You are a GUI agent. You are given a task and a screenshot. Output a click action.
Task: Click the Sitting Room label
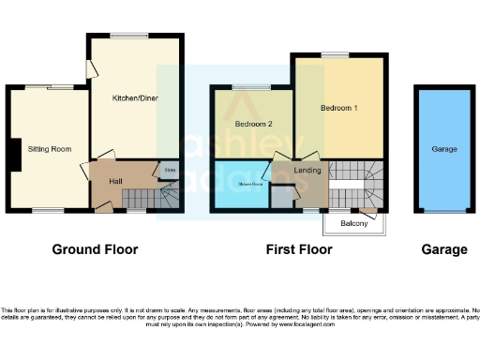tap(50, 149)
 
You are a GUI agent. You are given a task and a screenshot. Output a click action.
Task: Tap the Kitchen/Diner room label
tap(134, 97)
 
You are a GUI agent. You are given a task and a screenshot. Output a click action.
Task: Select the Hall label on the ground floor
tap(114, 181)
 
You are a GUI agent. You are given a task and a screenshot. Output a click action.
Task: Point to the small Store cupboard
tap(169, 171)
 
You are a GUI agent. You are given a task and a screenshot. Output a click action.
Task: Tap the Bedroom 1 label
tap(338, 108)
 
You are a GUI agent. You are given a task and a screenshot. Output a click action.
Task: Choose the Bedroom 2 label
tap(253, 124)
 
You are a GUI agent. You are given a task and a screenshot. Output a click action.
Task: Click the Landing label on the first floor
tap(307, 170)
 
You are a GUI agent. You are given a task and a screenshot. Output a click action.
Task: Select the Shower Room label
tap(250, 185)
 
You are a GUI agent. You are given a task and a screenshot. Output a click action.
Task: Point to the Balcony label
tap(353, 223)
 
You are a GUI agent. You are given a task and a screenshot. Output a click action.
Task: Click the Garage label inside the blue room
tap(443, 149)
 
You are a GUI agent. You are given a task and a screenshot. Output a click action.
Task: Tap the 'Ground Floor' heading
tap(95, 249)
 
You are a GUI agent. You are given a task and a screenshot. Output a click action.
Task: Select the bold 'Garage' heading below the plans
tap(443, 249)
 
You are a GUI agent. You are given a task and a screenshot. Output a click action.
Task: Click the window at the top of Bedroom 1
tap(337, 54)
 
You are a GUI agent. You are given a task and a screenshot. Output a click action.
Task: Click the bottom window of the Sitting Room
tap(46, 211)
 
